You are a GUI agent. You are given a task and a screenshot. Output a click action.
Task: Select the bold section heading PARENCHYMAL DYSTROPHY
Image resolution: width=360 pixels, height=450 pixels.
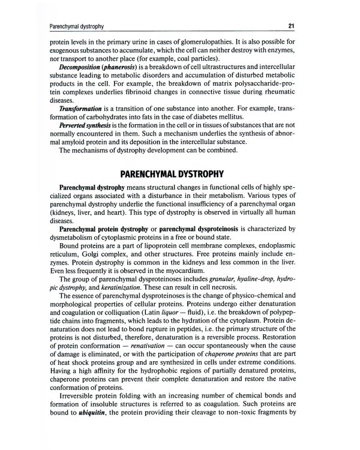172,175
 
